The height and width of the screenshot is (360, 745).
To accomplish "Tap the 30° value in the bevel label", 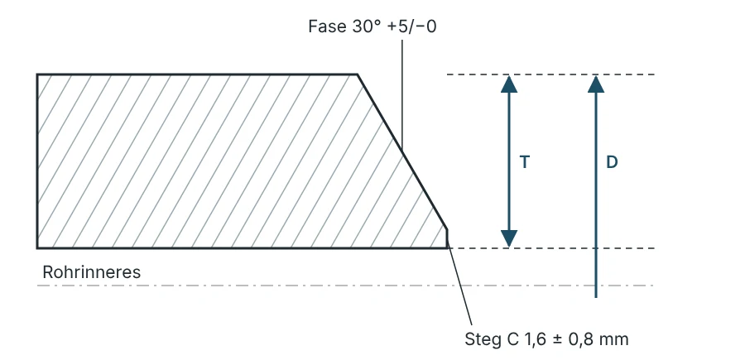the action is pos(368,26).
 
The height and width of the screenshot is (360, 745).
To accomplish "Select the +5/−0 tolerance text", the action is pos(412,26).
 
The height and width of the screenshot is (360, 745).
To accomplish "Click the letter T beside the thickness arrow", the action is pos(525,162).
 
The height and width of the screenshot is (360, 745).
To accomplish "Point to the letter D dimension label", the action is pos(612,162).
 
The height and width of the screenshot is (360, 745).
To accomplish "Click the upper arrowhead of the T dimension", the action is pos(509,84).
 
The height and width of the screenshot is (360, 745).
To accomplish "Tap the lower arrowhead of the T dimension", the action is pos(509,238).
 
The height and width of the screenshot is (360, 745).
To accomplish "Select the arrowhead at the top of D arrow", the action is pos(596,84).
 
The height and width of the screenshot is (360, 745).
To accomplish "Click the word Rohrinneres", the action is pos(92,272).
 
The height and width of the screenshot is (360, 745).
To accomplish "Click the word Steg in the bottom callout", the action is pos(482,339).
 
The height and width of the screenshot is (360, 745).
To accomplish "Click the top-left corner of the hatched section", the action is pos(37,74).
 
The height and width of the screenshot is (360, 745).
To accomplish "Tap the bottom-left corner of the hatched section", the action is pos(37,248).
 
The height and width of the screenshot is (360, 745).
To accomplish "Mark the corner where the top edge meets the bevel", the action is pos(358,74).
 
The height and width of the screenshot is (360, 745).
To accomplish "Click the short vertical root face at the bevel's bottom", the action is pos(447,238).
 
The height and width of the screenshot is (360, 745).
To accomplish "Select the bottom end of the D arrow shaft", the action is pos(596,297).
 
